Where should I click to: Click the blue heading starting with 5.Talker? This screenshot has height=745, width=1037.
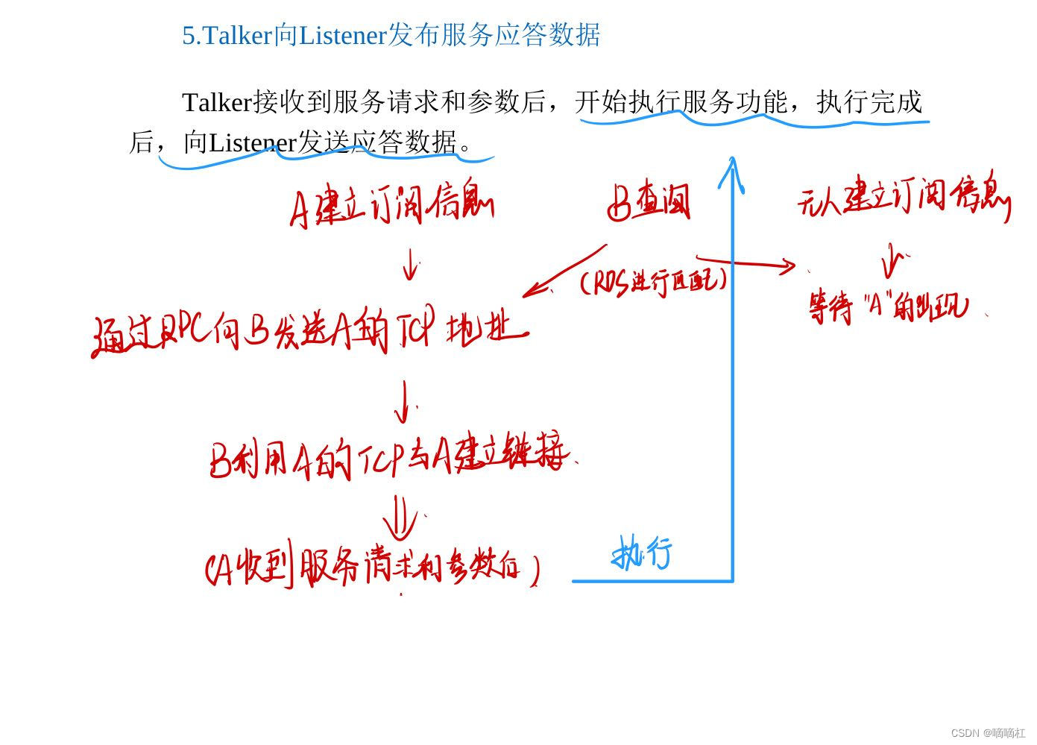point(391,35)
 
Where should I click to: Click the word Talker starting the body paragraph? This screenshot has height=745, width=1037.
point(217,102)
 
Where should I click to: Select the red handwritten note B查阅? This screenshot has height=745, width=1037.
point(649,203)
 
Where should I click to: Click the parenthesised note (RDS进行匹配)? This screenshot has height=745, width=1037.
point(653,282)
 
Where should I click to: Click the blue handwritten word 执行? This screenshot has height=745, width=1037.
point(642,554)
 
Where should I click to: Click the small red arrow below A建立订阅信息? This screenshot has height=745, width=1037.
point(409,264)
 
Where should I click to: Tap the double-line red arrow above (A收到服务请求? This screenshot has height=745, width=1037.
point(400,517)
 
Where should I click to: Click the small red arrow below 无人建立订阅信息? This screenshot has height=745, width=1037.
point(891,260)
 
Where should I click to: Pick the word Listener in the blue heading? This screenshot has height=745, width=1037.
point(342,35)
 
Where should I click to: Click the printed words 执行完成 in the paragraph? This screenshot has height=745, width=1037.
point(869,102)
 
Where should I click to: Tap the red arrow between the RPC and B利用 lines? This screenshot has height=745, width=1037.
point(404,401)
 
